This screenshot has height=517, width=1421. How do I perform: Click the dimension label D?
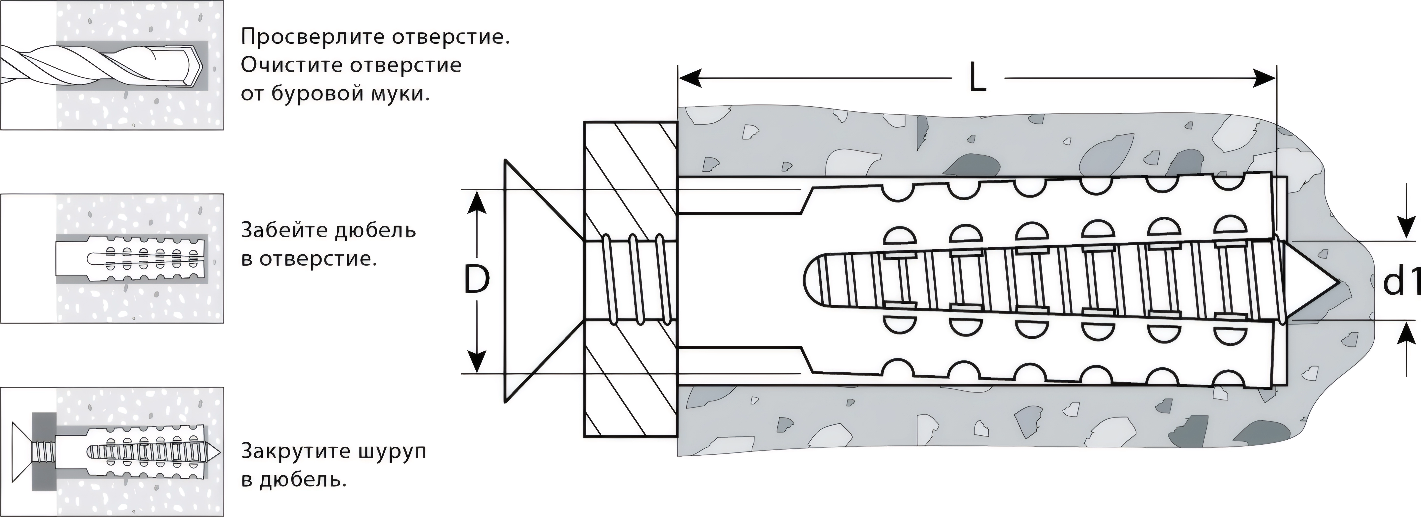(476, 280)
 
